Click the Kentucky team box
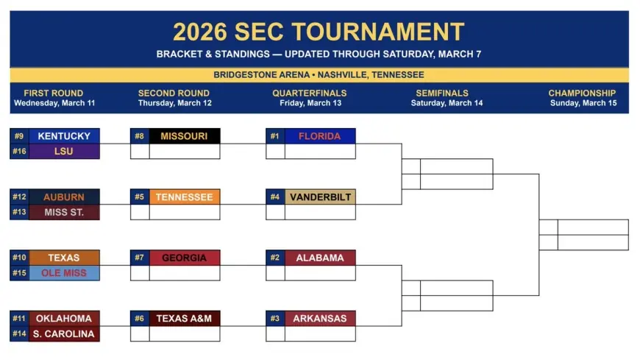click(x=64, y=136)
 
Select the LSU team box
click(x=64, y=152)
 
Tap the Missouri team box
click(x=184, y=136)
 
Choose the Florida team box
click(x=319, y=136)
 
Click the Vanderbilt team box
click(x=319, y=197)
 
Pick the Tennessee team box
click(x=184, y=197)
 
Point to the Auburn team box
click(x=64, y=197)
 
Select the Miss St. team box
click(x=64, y=213)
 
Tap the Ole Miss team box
click(x=64, y=273)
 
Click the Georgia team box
click(x=184, y=258)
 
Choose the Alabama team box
click(x=319, y=258)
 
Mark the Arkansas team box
click(x=319, y=319)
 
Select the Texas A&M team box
click(x=184, y=319)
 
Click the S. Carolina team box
click(x=64, y=334)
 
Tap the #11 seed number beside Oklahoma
click(x=19, y=319)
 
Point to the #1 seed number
click(x=275, y=136)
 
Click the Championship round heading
click(x=582, y=93)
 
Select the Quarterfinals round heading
click(x=309, y=93)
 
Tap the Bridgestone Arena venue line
click(x=319, y=75)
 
